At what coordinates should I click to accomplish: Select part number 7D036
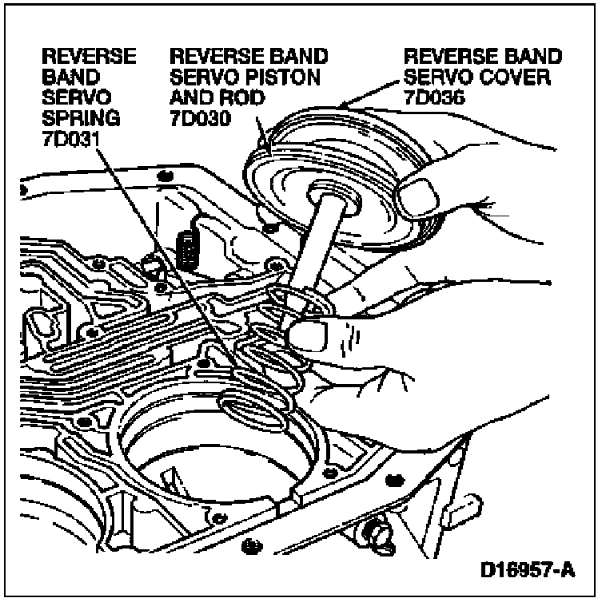pos(432,99)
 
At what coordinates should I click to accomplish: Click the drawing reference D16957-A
pos(528,572)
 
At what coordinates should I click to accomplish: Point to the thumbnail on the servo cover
pos(421,195)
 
